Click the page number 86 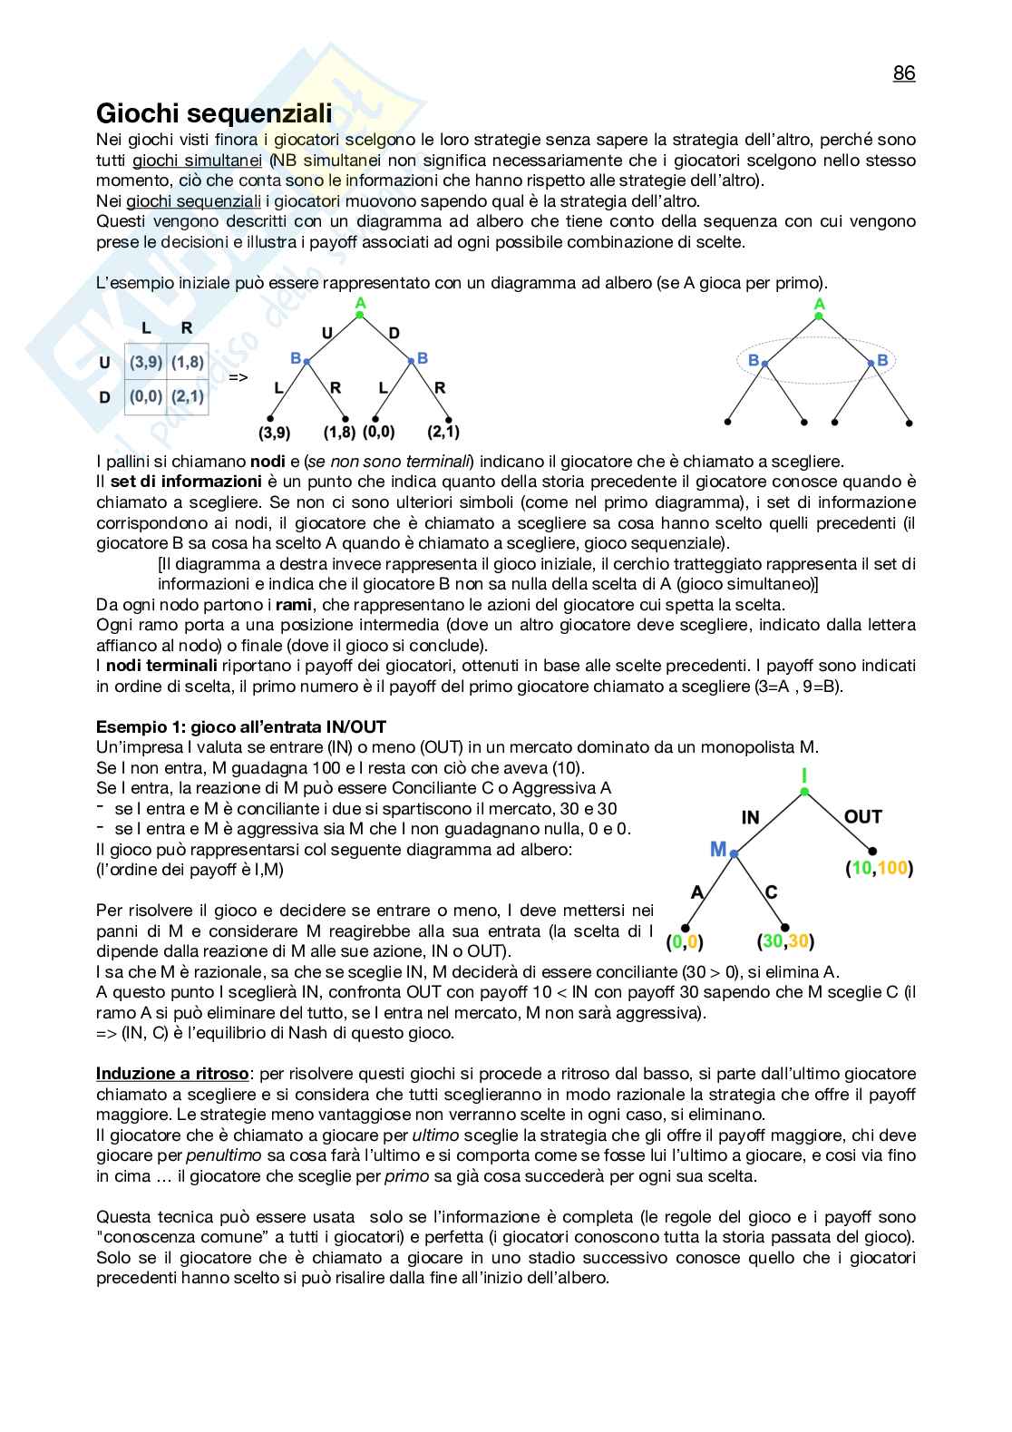[903, 73]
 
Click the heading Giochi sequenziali [214, 114]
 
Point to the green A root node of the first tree [360, 304]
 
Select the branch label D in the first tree [394, 334]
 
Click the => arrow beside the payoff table [238, 376]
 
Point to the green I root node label [803, 775]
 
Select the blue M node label [718, 850]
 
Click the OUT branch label [862, 816]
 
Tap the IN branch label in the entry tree [750, 817]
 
